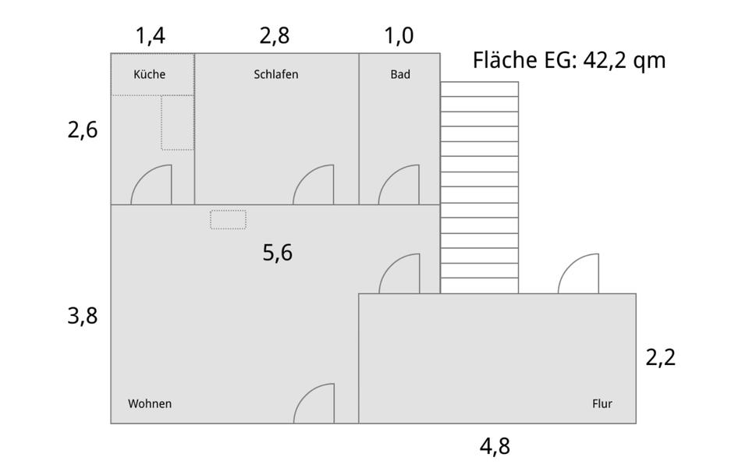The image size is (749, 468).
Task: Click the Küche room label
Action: pos(150,75)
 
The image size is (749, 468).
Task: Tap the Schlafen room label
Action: pos(276,75)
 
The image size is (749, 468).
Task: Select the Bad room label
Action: pos(400,75)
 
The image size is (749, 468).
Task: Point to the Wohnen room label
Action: pos(150,404)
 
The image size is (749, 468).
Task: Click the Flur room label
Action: pos(602,404)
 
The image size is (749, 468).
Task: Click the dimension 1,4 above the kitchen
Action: pos(151,36)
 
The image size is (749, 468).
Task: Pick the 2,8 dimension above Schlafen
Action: pos(275,36)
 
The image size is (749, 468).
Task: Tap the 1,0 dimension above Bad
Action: pos(399,36)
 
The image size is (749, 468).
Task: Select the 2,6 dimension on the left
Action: pos(83,129)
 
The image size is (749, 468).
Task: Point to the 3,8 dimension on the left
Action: pos(83,316)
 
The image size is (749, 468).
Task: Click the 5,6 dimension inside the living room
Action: pos(278,253)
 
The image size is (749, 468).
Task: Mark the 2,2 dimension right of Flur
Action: pos(660,357)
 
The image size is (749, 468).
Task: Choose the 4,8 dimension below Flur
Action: pos(495,446)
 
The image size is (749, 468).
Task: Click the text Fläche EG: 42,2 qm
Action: pos(570,61)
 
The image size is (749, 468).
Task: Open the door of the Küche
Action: pos(151,186)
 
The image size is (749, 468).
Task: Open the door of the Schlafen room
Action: pos(314,186)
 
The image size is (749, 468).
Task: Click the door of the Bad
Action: pos(399,186)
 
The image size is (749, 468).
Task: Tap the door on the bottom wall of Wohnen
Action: pos(314,404)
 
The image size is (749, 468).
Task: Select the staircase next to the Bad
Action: pos(479,187)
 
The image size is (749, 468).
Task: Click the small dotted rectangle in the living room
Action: pos(228,220)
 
